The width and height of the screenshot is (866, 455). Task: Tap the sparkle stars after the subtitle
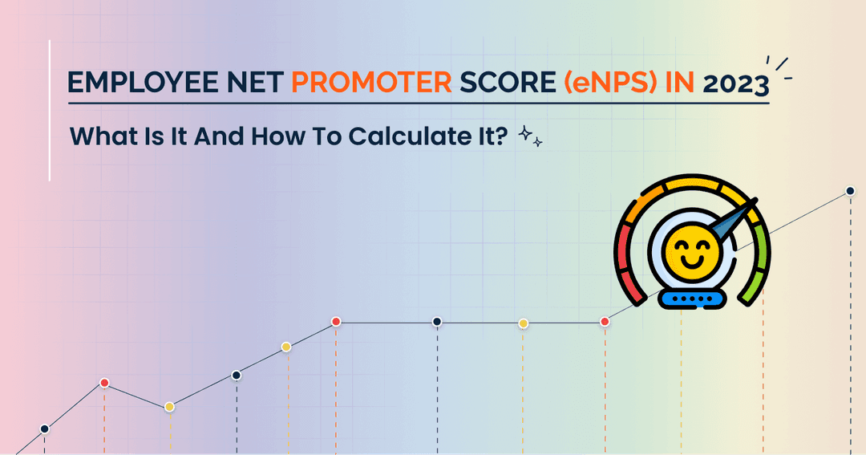(x=531, y=136)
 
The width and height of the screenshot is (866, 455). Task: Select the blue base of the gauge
(x=690, y=299)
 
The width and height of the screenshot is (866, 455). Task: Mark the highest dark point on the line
(x=850, y=191)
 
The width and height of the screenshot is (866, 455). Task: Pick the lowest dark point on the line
(x=44, y=429)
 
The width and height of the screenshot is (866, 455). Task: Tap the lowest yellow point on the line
(x=169, y=407)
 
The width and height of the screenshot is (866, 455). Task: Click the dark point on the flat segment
(x=437, y=322)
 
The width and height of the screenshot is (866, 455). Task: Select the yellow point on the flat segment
(x=523, y=323)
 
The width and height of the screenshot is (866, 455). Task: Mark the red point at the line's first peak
(x=104, y=383)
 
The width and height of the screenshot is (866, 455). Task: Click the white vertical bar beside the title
(x=51, y=110)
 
